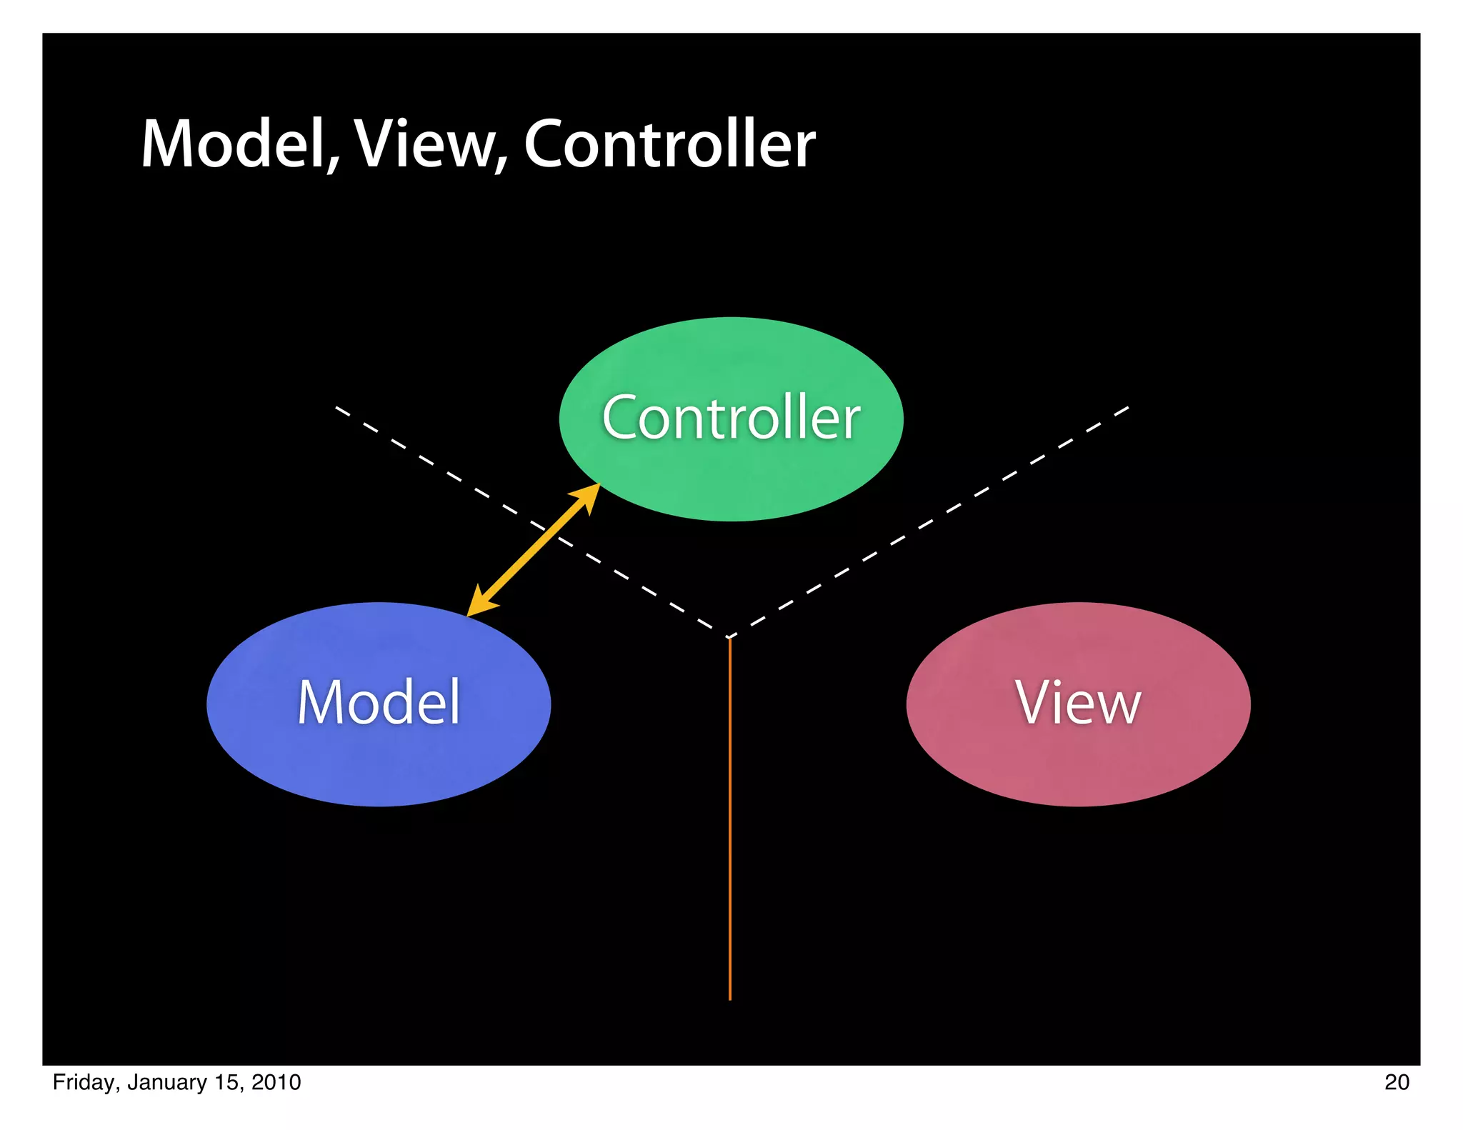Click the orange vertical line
pyautogui.click(x=729, y=821)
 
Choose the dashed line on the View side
pyautogui.click(x=929, y=521)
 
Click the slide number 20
pyautogui.click(x=1397, y=1082)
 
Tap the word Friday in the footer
pyautogui.click(x=82, y=1082)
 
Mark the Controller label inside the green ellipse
pyautogui.click(x=731, y=418)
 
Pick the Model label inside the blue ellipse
pyautogui.click(x=379, y=703)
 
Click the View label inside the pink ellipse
pyautogui.click(x=1078, y=703)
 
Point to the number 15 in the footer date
pyautogui.click(x=226, y=1082)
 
